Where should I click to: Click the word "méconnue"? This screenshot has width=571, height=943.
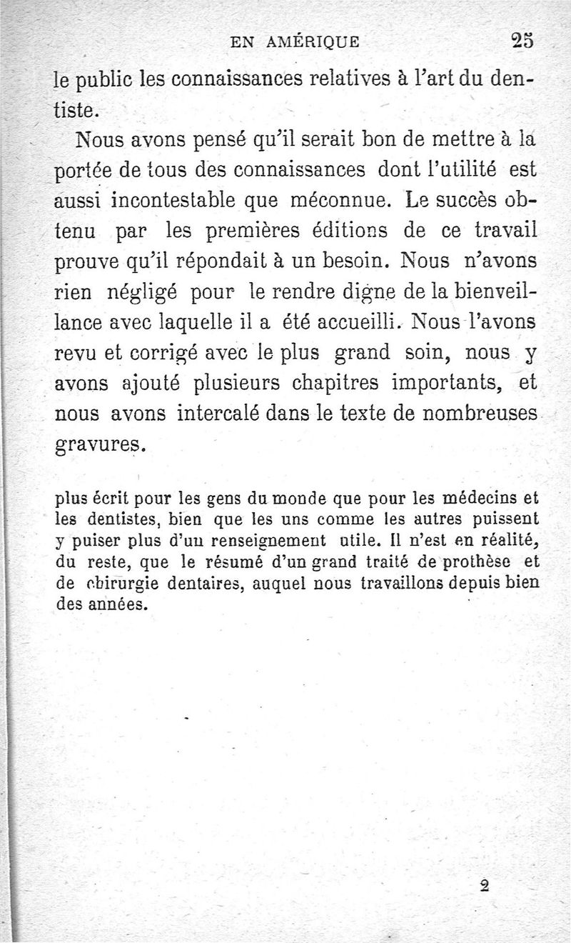tap(335, 202)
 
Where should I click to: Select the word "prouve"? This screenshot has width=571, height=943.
tap(90, 265)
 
